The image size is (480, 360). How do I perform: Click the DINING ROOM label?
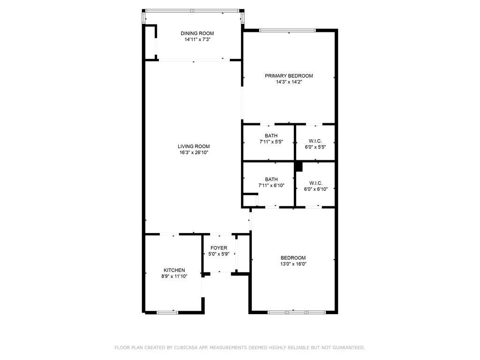(x=197, y=33)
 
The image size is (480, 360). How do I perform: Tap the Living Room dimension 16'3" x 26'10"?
(x=194, y=152)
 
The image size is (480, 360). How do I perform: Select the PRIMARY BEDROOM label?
(x=289, y=76)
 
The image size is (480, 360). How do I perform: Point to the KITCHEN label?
(x=174, y=270)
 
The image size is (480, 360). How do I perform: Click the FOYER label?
(x=219, y=248)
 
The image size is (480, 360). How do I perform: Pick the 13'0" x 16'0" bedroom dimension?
(x=293, y=264)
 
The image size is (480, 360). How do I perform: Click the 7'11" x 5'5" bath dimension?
(x=271, y=142)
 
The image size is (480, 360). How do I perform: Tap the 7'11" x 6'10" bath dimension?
(x=271, y=185)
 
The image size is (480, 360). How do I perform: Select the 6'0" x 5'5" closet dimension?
(x=315, y=147)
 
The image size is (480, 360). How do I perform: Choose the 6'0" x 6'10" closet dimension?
(x=315, y=189)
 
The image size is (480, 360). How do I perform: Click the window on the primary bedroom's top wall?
(x=287, y=30)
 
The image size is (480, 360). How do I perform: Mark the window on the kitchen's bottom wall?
(x=167, y=313)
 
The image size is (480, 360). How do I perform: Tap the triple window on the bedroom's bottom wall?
(x=297, y=312)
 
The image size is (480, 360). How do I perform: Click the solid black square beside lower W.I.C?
(x=299, y=167)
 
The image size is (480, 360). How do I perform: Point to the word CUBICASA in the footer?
(x=186, y=348)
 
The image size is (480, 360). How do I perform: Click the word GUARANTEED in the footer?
(x=349, y=348)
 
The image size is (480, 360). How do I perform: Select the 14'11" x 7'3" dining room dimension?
(x=197, y=39)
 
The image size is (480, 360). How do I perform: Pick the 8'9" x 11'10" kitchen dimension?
(x=174, y=276)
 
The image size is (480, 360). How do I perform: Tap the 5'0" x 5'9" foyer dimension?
(x=219, y=254)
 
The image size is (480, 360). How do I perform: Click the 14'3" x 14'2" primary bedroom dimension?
(x=289, y=82)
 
